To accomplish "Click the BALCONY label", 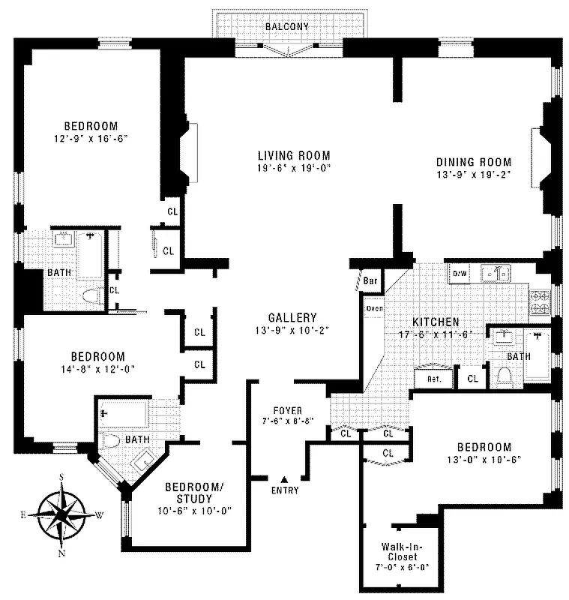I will (287, 27).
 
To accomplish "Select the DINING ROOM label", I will (474, 162).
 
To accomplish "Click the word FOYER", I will (288, 410).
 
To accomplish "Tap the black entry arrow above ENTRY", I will (284, 478).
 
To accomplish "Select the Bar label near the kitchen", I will (370, 281).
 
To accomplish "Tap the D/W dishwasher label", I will (459, 274).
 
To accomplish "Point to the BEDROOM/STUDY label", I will (193, 493).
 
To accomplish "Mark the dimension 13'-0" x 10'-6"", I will (484, 459).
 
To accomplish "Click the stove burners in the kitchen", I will (540, 301).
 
